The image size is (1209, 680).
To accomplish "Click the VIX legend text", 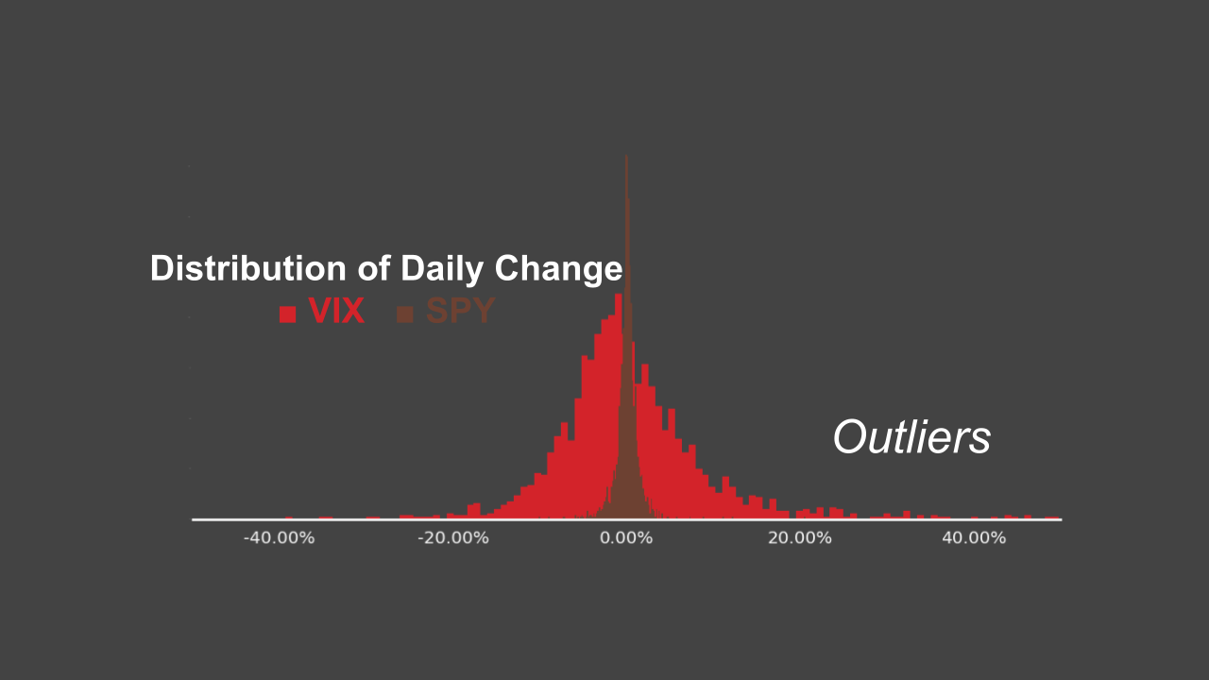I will [x=336, y=312].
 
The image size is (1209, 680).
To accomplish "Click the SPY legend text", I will [x=460, y=312].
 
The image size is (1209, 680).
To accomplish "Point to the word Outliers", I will [x=911, y=437].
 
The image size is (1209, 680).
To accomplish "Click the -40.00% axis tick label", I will [x=279, y=538].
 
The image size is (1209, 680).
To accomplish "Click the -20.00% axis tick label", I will [x=453, y=538].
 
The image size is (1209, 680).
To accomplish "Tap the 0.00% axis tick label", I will [x=626, y=538].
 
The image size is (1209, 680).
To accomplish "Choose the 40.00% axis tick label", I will [x=973, y=538].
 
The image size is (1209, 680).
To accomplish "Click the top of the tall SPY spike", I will [x=626, y=159].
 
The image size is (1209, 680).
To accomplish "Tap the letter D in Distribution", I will [x=162, y=269].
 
